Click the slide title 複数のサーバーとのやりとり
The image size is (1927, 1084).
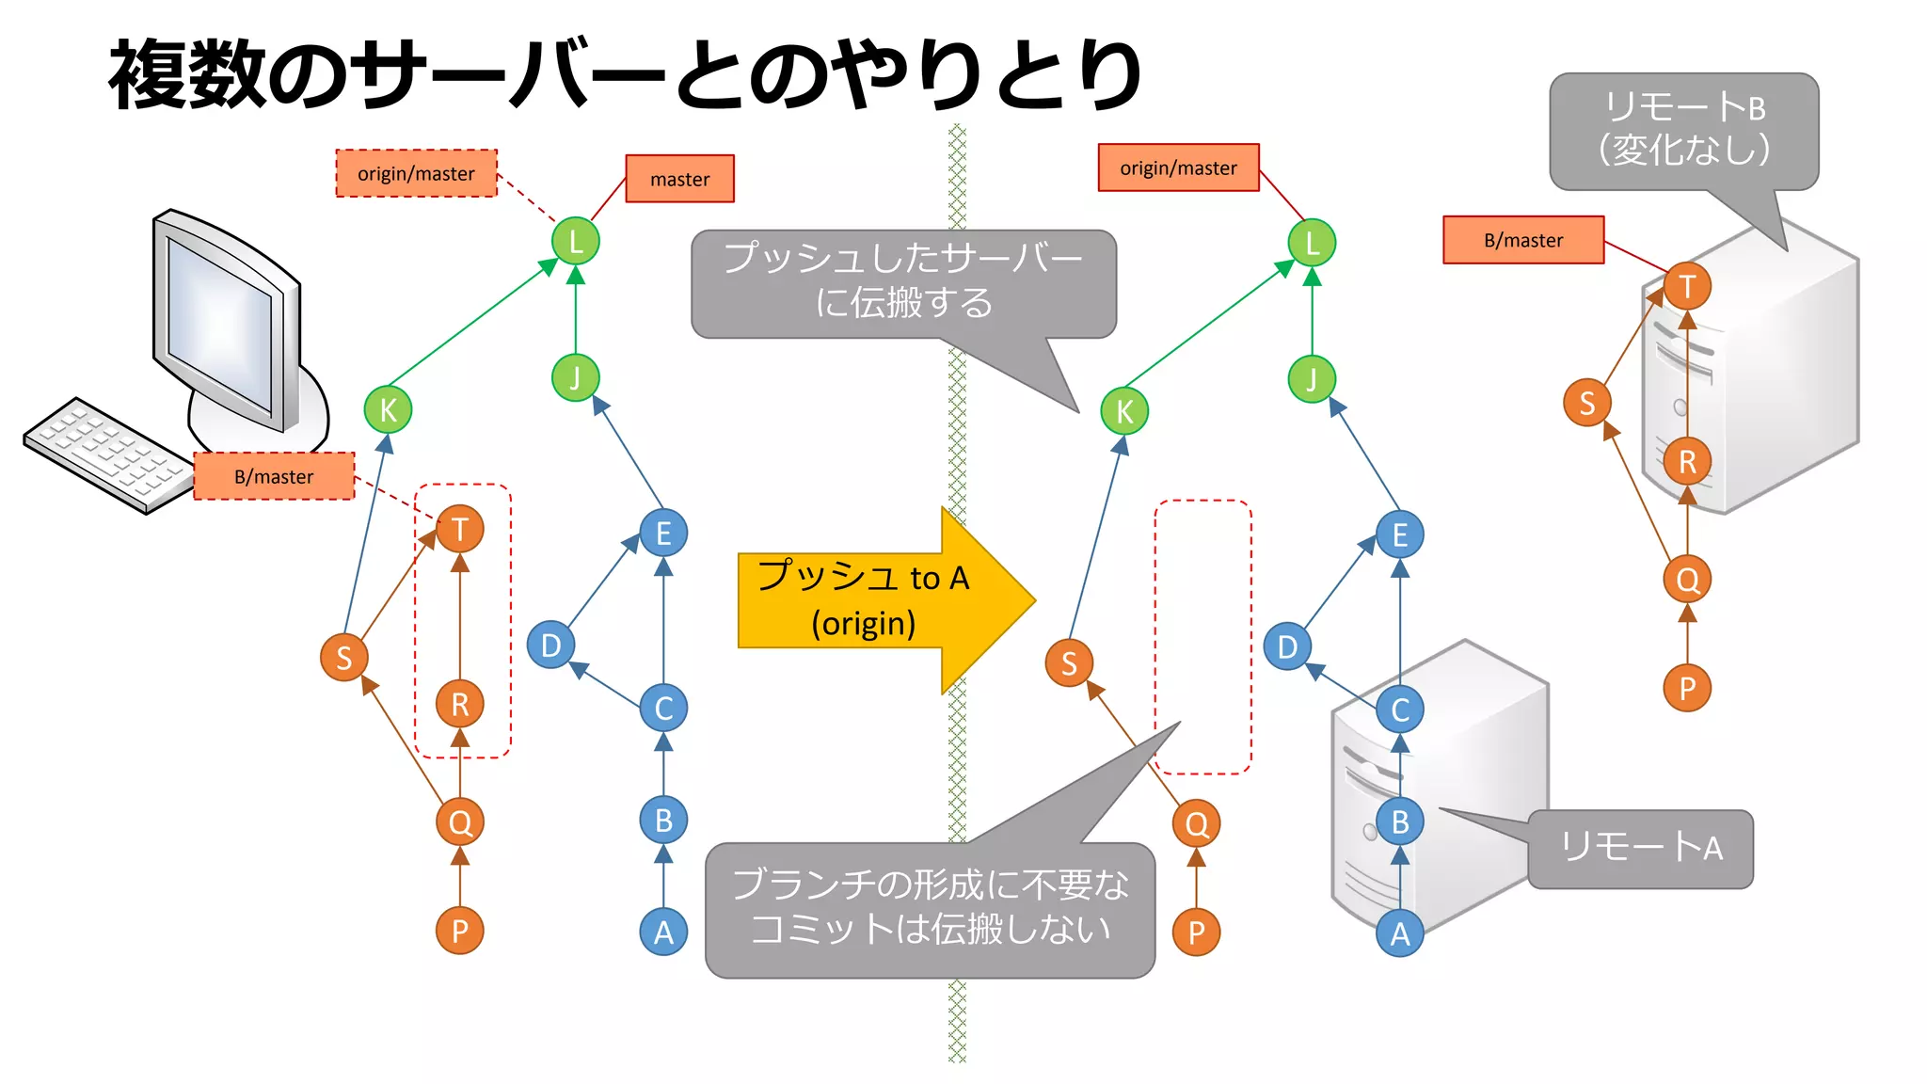coord(625,75)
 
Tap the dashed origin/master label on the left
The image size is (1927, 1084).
coord(416,173)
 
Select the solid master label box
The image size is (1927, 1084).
coord(679,179)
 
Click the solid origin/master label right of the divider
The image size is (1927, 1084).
coord(1178,167)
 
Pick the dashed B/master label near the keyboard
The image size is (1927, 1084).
coord(274,476)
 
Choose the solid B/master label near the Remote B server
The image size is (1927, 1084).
coord(1522,240)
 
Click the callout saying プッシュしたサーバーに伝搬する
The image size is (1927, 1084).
coord(902,282)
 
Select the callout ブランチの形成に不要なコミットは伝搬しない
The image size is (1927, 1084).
coord(930,908)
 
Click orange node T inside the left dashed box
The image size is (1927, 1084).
coord(460,530)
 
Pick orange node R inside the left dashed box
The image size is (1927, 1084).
coord(460,704)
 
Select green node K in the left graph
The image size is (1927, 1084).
coord(388,410)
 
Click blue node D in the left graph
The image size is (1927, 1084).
coord(550,646)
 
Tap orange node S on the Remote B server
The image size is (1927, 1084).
coord(1586,403)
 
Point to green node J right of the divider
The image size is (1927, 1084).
coord(1312,379)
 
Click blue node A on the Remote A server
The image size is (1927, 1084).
coord(1400,933)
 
